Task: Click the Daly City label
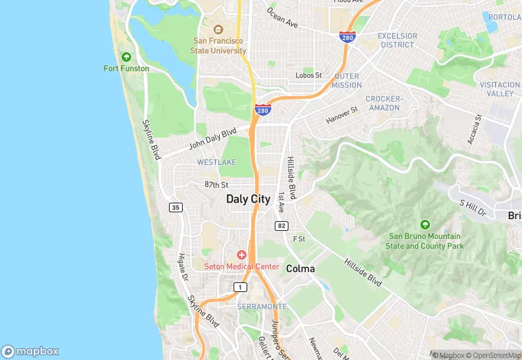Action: (248, 199)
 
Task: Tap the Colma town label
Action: (300, 269)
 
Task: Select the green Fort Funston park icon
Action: (126, 57)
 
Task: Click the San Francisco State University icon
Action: (218, 30)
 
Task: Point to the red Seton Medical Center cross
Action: (242, 255)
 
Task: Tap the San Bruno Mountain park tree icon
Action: (424, 225)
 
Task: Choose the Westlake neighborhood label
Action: (216, 162)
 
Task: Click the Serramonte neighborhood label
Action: (262, 306)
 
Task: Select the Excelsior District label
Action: (397, 40)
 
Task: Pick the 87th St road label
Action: (216, 185)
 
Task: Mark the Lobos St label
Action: (308, 75)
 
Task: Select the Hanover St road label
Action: (342, 115)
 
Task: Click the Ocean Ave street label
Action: (282, 18)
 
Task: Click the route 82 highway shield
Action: (281, 225)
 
